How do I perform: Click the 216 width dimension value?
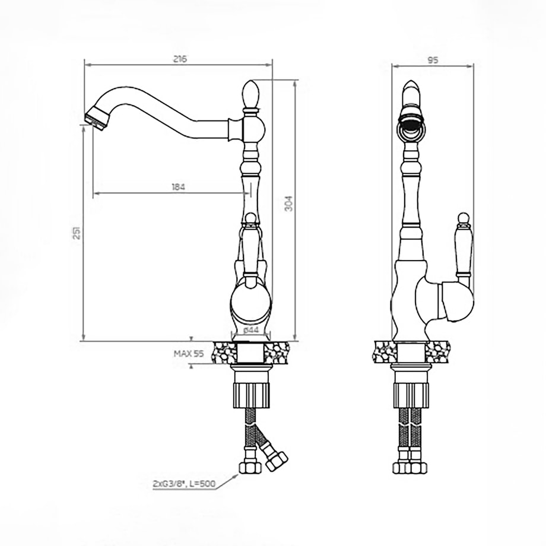coord(180,59)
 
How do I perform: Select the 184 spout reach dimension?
coord(178,187)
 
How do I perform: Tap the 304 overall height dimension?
coord(288,204)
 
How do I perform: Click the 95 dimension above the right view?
coord(433,61)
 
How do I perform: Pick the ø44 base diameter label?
coord(251,330)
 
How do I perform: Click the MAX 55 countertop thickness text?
coord(188,354)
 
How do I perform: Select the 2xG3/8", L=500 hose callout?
coord(184,484)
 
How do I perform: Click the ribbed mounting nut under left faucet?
coord(252,395)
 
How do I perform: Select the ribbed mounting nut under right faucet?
coord(411,395)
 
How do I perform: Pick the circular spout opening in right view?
coord(412,129)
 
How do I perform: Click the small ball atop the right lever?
coord(464,218)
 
